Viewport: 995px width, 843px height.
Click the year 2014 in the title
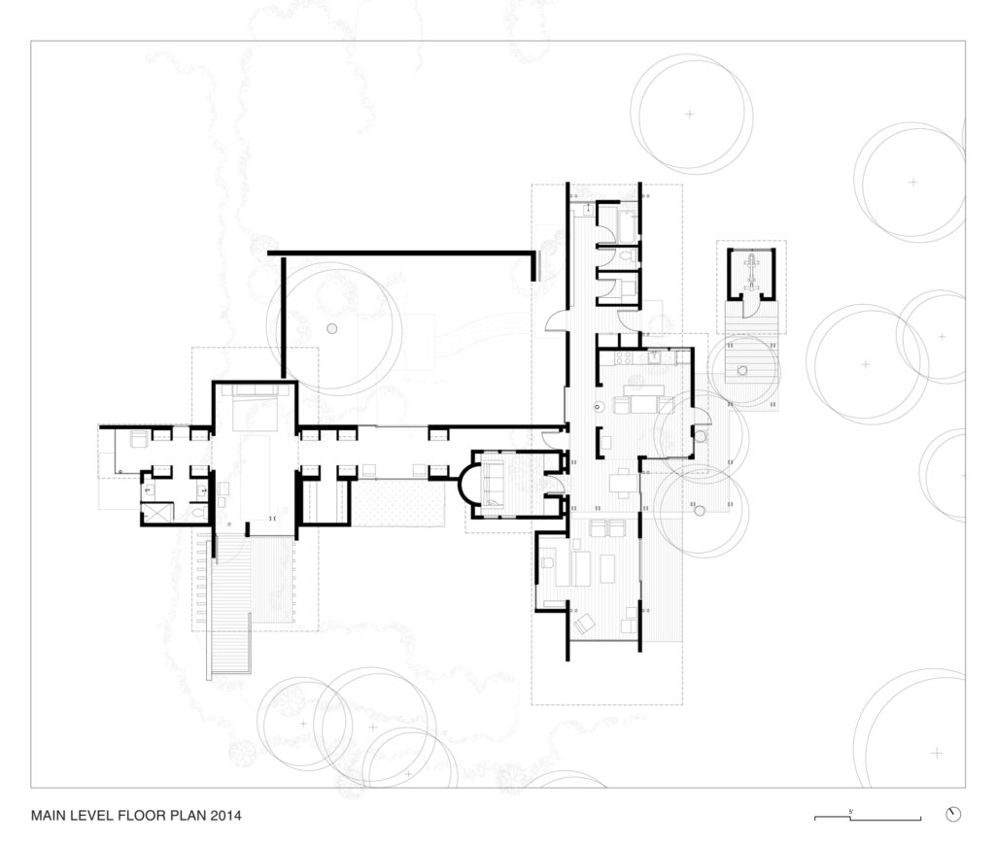[223, 816]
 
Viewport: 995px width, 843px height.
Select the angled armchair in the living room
[584, 624]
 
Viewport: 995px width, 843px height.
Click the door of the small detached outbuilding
[747, 306]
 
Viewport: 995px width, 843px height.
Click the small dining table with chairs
[622, 483]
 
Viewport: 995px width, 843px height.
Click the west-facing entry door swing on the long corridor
[555, 320]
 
